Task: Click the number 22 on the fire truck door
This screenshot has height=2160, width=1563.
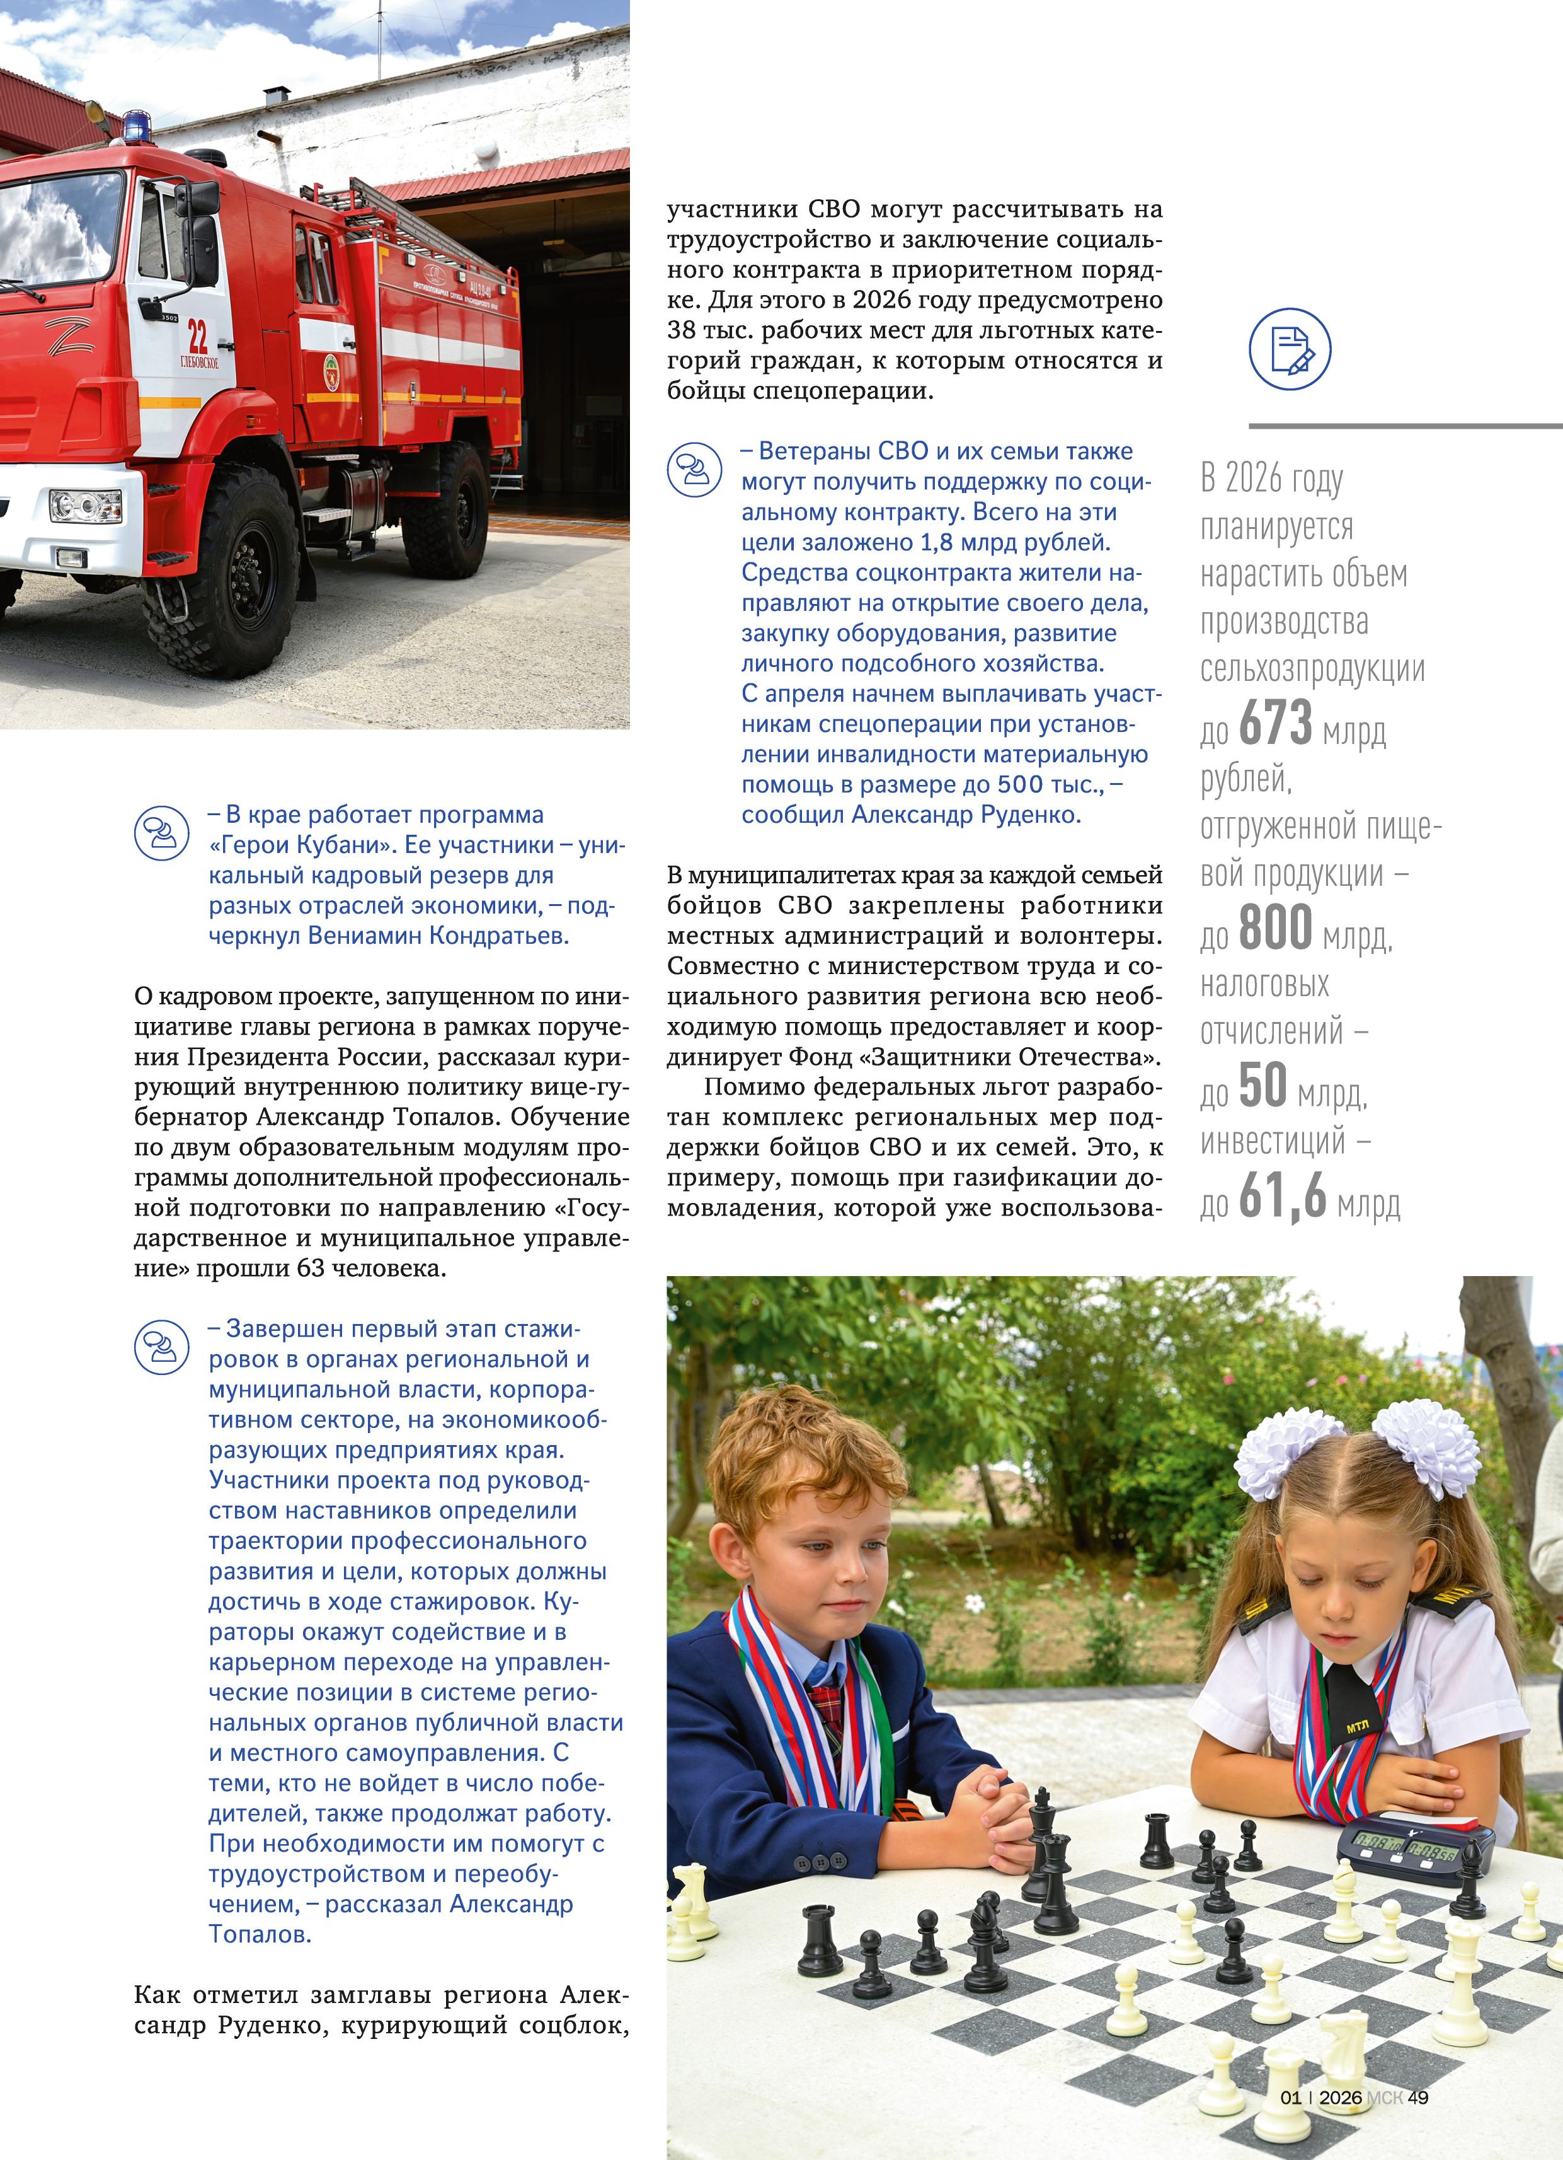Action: coord(197,336)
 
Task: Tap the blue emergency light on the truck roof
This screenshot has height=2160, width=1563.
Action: coord(136,125)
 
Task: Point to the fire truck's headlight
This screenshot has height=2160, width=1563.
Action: coord(86,506)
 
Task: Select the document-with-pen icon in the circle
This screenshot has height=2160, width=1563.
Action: coord(1290,349)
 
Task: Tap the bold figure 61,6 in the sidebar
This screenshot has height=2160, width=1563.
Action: coord(1282,1195)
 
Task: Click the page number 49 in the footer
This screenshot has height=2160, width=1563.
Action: coord(1418,2097)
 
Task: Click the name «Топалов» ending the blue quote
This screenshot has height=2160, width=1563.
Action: coord(260,1934)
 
